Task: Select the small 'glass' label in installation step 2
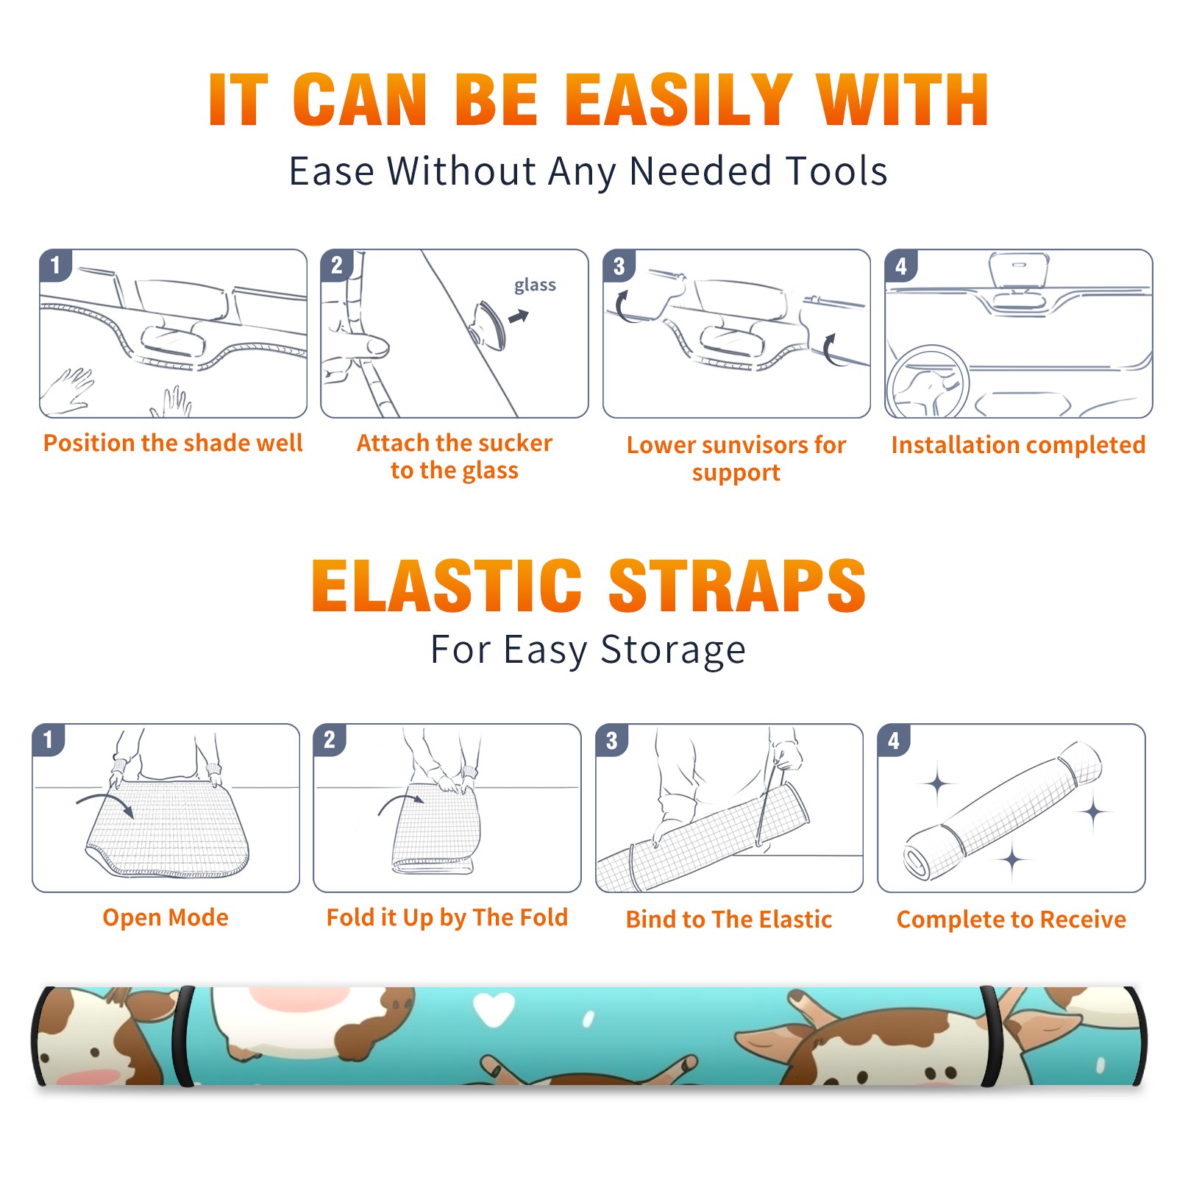click(x=535, y=285)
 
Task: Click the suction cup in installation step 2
click(x=489, y=324)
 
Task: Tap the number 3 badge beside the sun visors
click(x=619, y=266)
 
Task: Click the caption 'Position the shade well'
click(x=173, y=443)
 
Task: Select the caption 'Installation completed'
click(x=1018, y=445)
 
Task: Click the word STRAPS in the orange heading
click(x=737, y=586)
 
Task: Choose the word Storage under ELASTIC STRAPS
click(x=673, y=650)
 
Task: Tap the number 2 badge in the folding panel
click(x=330, y=740)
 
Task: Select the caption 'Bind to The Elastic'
click(x=729, y=920)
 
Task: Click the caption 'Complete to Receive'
click(x=1011, y=920)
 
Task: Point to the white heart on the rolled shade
click(x=494, y=1009)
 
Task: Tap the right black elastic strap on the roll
click(x=992, y=1036)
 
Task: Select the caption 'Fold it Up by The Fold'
click(x=447, y=917)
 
